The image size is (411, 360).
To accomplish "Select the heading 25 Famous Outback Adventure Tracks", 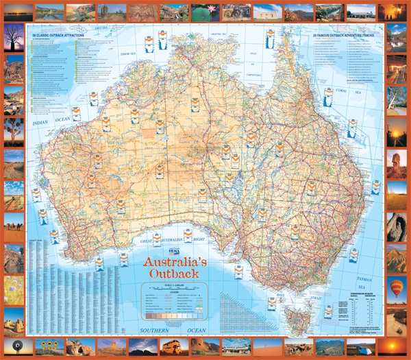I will pos(342,34).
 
